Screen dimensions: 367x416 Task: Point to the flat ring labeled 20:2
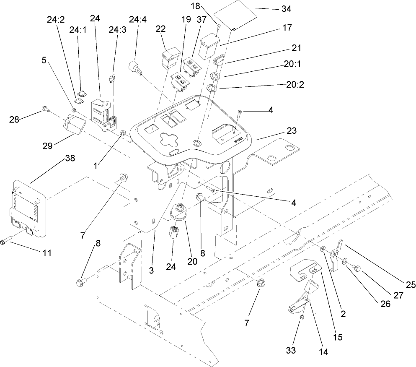tap(212, 88)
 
